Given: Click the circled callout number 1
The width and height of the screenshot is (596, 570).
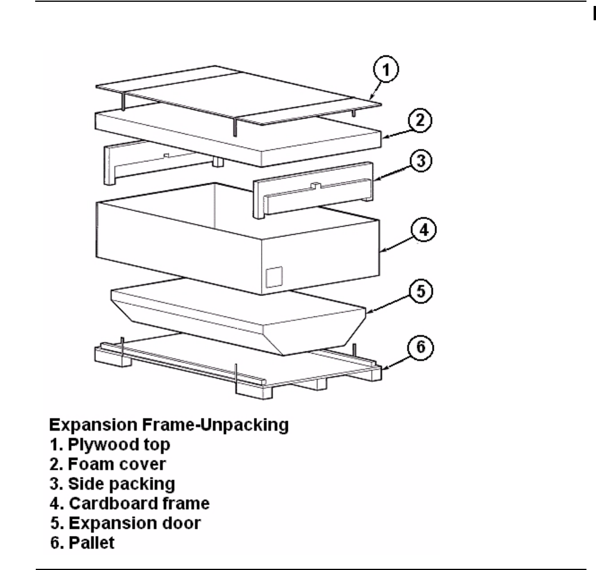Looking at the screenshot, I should (386, 71).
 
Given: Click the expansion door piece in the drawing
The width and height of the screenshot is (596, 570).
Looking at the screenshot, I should (238, 322).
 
